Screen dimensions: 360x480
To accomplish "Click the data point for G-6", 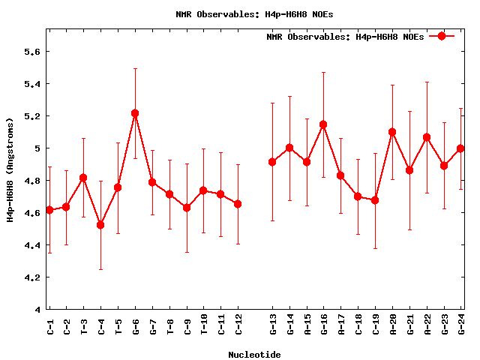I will (135, 113).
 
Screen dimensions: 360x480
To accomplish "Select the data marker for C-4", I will (100, 225).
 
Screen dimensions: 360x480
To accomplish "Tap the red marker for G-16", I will (323, 124).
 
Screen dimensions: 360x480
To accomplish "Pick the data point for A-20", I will (392, 132).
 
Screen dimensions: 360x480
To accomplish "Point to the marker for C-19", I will (375, 200).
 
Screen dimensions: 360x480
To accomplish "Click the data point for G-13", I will (272, 162).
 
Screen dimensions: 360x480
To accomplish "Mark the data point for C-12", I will (238, 204).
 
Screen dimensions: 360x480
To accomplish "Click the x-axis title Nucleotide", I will (255, 355).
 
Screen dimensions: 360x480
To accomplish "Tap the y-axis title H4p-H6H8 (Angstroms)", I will (10, 169).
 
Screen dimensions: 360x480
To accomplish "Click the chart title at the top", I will (255, 14).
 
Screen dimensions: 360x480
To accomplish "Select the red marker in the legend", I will (442, 36).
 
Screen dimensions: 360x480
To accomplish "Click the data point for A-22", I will (427, 137).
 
